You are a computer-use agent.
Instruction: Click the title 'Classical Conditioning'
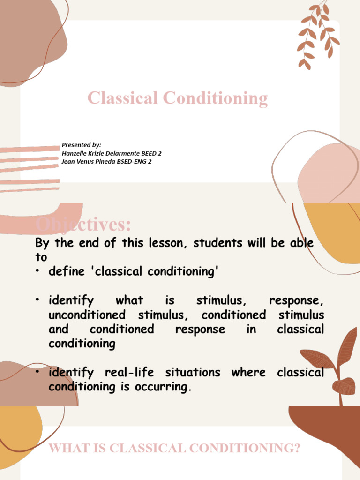pyautogui.click(x=178, y=98)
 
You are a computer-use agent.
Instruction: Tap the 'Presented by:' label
pyautogui.click(x=82, y=145)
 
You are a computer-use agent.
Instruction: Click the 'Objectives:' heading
pyautogui.click(x=83, y=225)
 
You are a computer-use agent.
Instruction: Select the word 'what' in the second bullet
pyautogui.click(x=129, y=300)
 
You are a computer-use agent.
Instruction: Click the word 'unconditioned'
pyautogui.click(x=87, y=315)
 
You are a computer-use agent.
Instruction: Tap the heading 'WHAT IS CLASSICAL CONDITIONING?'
pyautogui.click(x=174, y=448)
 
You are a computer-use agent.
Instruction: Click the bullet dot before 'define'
pyautogui.click(x=39, y=272)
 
